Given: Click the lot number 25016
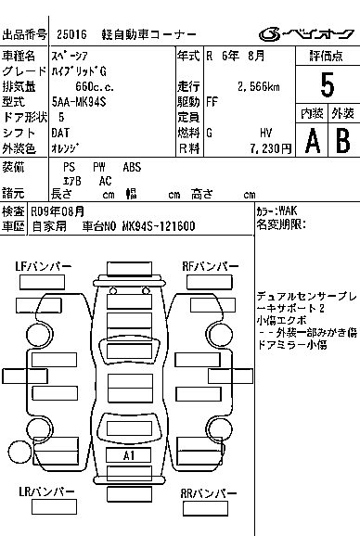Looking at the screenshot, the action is point(71,34).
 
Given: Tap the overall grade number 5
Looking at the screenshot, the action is point(328,85).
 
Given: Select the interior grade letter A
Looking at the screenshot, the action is point(313,141).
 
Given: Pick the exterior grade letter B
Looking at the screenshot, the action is point(343,141).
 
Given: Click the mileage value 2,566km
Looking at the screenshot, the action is point(259,86).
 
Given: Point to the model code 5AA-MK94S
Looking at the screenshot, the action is point(79,101).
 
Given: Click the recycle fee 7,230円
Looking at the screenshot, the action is point(271,148).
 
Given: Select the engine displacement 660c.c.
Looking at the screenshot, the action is point(95,86).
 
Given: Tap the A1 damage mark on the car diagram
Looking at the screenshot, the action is point(129,455).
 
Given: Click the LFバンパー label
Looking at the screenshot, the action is point(44,266).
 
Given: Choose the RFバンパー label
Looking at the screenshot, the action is point(211,266).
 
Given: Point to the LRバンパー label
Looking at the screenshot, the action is point(46,491).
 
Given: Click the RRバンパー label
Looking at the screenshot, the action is point(209,493).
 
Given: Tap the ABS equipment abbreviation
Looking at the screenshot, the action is point(132,167).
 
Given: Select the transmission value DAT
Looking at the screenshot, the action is point(60,133).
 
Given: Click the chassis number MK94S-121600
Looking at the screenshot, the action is point(159,226).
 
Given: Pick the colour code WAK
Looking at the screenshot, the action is point(288,211).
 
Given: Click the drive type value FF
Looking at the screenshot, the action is point(212,101).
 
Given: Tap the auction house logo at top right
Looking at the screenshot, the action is point(306,34).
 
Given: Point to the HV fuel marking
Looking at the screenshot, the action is point(266,133).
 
